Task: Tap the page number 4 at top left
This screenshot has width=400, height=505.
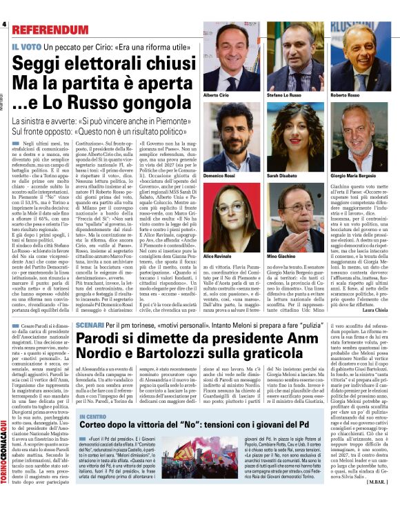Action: click(4, 25)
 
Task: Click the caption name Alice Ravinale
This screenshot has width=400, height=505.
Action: click(218, 237)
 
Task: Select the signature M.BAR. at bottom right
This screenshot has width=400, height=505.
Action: click(381, 500)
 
